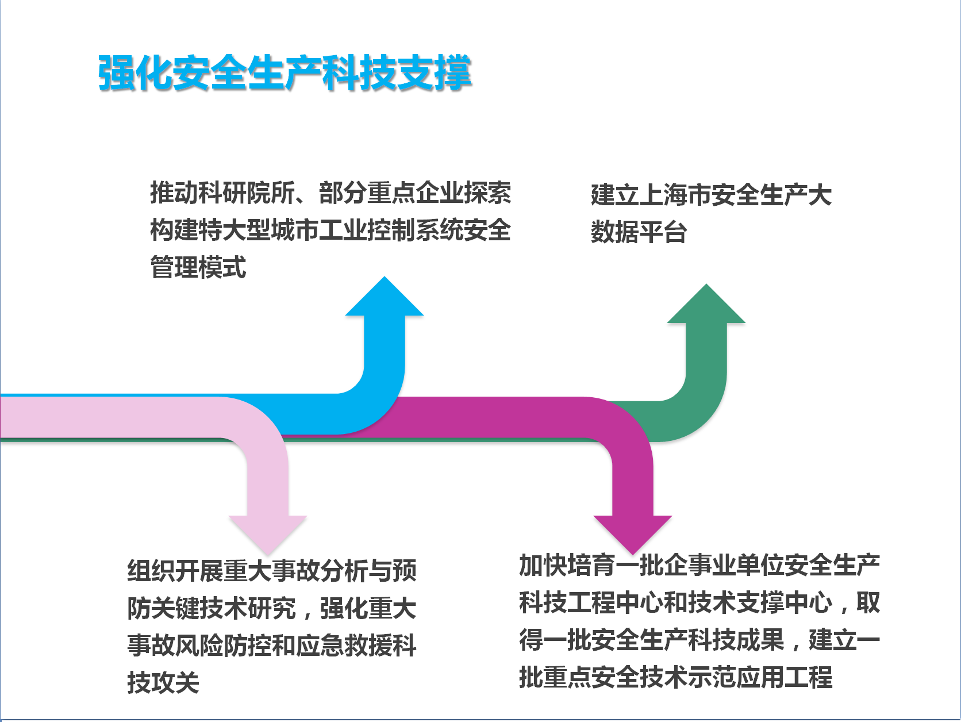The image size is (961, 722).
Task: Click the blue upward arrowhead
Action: point(385,298)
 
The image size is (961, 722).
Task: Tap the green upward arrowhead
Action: point(706,305)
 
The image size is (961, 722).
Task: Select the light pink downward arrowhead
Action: point(268,533)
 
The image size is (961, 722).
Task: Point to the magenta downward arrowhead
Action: point(633,533)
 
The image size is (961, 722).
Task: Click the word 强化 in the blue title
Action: point(135,72)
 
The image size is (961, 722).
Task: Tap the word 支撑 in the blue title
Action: point(434,72)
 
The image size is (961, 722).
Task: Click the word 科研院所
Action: point(247,193)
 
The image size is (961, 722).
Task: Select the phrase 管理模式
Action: point(198,267)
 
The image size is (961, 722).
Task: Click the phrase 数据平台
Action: point(639,232)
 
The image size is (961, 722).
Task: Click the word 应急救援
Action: point(344,646)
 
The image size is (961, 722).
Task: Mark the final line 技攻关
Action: point(163,682)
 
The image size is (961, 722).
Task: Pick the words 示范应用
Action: point(736,677)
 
